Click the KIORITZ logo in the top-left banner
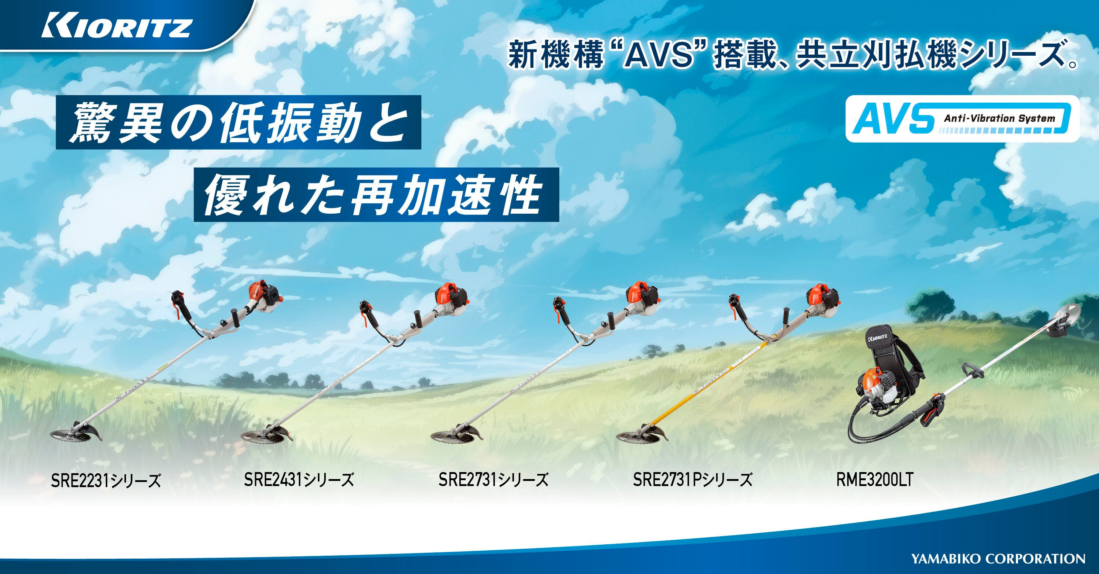pos(116,29)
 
